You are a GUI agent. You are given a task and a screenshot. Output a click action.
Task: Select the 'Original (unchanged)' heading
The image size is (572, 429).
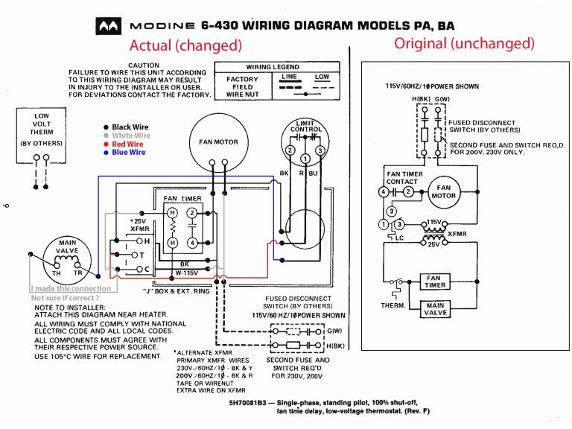[465, 43]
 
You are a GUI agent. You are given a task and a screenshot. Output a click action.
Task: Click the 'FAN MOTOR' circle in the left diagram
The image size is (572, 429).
[218, 142]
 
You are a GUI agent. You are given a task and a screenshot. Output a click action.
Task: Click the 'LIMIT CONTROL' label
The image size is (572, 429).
[306, 125]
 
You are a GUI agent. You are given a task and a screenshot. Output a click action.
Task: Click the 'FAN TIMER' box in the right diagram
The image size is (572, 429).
[434, 281]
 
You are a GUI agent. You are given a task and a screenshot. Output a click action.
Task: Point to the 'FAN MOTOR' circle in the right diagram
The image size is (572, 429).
[444, 192]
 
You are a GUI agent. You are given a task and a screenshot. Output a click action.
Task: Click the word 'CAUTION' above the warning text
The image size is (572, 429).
[144, 66]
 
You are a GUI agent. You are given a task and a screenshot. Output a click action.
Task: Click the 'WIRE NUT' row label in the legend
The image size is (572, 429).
[242, 95]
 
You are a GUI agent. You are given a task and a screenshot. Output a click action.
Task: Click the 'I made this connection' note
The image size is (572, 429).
[71, 288]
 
